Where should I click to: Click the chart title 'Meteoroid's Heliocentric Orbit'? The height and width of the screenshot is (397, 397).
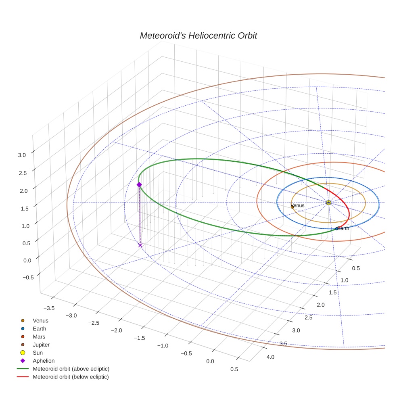point(198,36)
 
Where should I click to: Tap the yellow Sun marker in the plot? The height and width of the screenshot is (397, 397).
point(328,202)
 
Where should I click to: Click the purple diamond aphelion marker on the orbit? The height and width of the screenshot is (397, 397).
point(139,185)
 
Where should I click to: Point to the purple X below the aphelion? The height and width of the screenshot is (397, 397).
point(140,245)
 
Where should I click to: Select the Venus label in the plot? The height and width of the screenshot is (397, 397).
point(297,205)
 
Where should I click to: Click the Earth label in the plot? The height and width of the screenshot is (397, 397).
point(343,228)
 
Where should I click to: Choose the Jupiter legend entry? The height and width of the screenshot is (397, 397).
point(41,345)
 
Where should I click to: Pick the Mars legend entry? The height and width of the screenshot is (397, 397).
point(39,336)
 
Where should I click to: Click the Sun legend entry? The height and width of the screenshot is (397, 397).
point(38,353)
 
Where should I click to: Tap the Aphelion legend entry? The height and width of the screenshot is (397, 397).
point(43,361)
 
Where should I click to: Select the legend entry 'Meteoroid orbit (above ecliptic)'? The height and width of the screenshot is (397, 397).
point(71,369)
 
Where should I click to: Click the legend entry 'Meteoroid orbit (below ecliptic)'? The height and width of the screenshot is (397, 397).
point(71,377)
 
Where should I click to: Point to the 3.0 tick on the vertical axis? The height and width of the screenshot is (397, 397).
point(22,155)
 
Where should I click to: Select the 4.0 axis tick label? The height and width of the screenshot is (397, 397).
point(270,357)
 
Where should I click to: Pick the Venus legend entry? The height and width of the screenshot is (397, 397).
point(40,321)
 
